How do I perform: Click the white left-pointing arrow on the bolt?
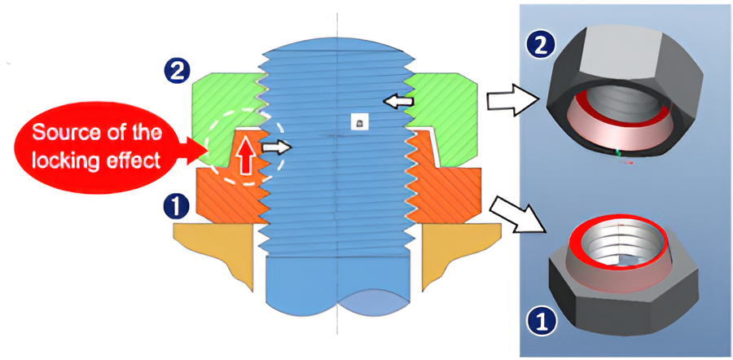click(399, 102)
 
